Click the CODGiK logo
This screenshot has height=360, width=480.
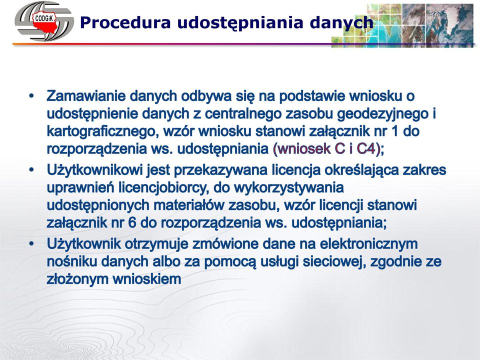tap(43, 21)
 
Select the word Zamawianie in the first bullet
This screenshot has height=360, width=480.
tap(85, 96)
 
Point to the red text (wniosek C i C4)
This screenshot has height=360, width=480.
tap(326, 149)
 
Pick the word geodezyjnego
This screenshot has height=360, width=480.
tap(382, 114)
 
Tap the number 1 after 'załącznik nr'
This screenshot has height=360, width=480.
tap(394, 131)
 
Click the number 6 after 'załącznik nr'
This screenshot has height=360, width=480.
tap(132, 222)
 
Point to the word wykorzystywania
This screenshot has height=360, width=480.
tap(288, 188)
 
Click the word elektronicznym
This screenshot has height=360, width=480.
tap(369, 244)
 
